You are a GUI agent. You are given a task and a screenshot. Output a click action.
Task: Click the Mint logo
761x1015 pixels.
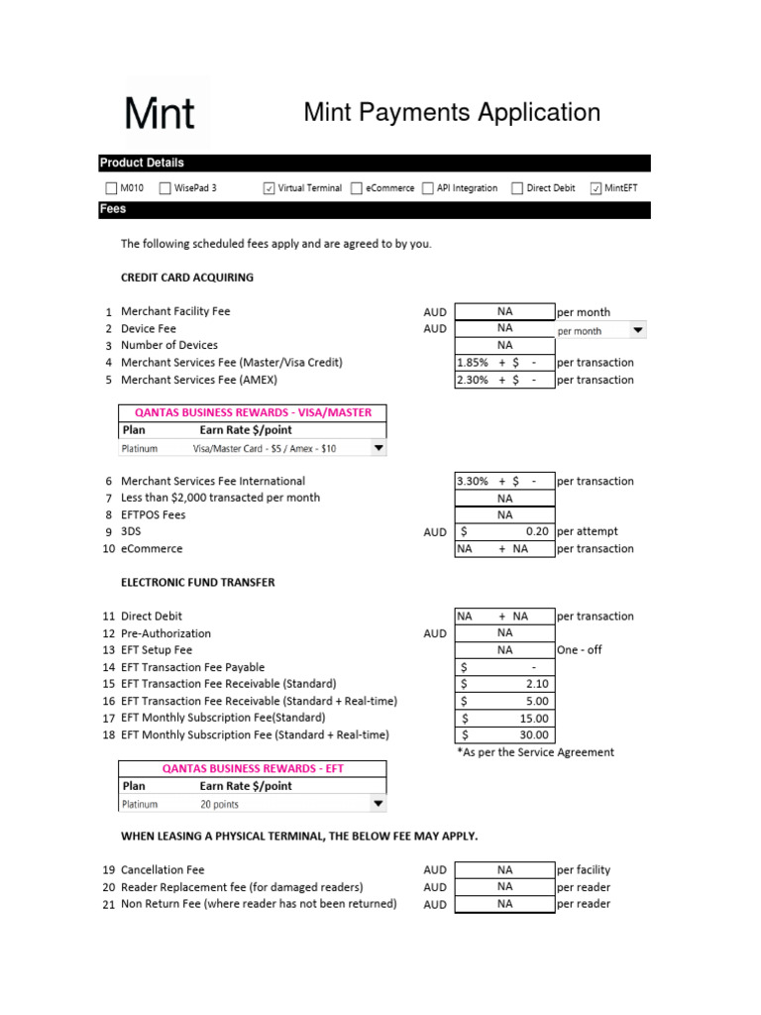coord(160,112)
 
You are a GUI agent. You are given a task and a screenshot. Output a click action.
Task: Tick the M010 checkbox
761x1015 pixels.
coord(111,188)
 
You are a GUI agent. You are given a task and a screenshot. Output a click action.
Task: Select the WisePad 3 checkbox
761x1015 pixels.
coord(165,188)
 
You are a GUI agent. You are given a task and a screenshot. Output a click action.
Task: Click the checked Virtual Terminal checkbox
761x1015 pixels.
coord(270,188)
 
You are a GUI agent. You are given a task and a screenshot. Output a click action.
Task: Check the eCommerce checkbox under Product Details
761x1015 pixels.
coord(357,188)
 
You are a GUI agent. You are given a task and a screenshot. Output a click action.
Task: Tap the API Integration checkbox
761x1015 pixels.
coord(428,188)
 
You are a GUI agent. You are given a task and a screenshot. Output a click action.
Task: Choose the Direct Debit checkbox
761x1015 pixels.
coord(517,188)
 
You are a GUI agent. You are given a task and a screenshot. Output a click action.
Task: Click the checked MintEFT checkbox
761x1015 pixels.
coord(596,188)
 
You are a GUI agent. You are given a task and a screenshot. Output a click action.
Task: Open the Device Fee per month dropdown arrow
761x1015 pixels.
coord(637,330)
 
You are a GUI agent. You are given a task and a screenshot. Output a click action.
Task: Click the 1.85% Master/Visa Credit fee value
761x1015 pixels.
coord(473,363)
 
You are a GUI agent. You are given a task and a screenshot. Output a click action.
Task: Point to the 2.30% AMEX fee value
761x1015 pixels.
coord(473,380)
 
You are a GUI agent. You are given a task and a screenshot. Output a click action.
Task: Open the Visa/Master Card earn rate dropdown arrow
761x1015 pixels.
coord(377,448)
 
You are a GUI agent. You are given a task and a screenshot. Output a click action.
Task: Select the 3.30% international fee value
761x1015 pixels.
coord(473,481)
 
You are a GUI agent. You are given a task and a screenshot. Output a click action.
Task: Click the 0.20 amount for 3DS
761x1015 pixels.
coord(537,531)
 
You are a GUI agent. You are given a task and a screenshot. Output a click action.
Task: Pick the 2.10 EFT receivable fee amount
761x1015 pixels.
coord(537,684)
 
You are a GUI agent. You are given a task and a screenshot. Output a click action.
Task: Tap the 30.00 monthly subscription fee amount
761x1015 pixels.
coord(533,734)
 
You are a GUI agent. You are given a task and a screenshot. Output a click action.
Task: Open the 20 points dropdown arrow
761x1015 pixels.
coord(377,804)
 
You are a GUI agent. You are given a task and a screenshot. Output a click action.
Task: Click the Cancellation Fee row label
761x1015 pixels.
coord(163,869)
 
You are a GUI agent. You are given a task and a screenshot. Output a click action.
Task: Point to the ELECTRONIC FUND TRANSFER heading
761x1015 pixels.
coord(198,582)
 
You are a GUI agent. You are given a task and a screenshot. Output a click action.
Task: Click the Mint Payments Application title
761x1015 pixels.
coord(452,112)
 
